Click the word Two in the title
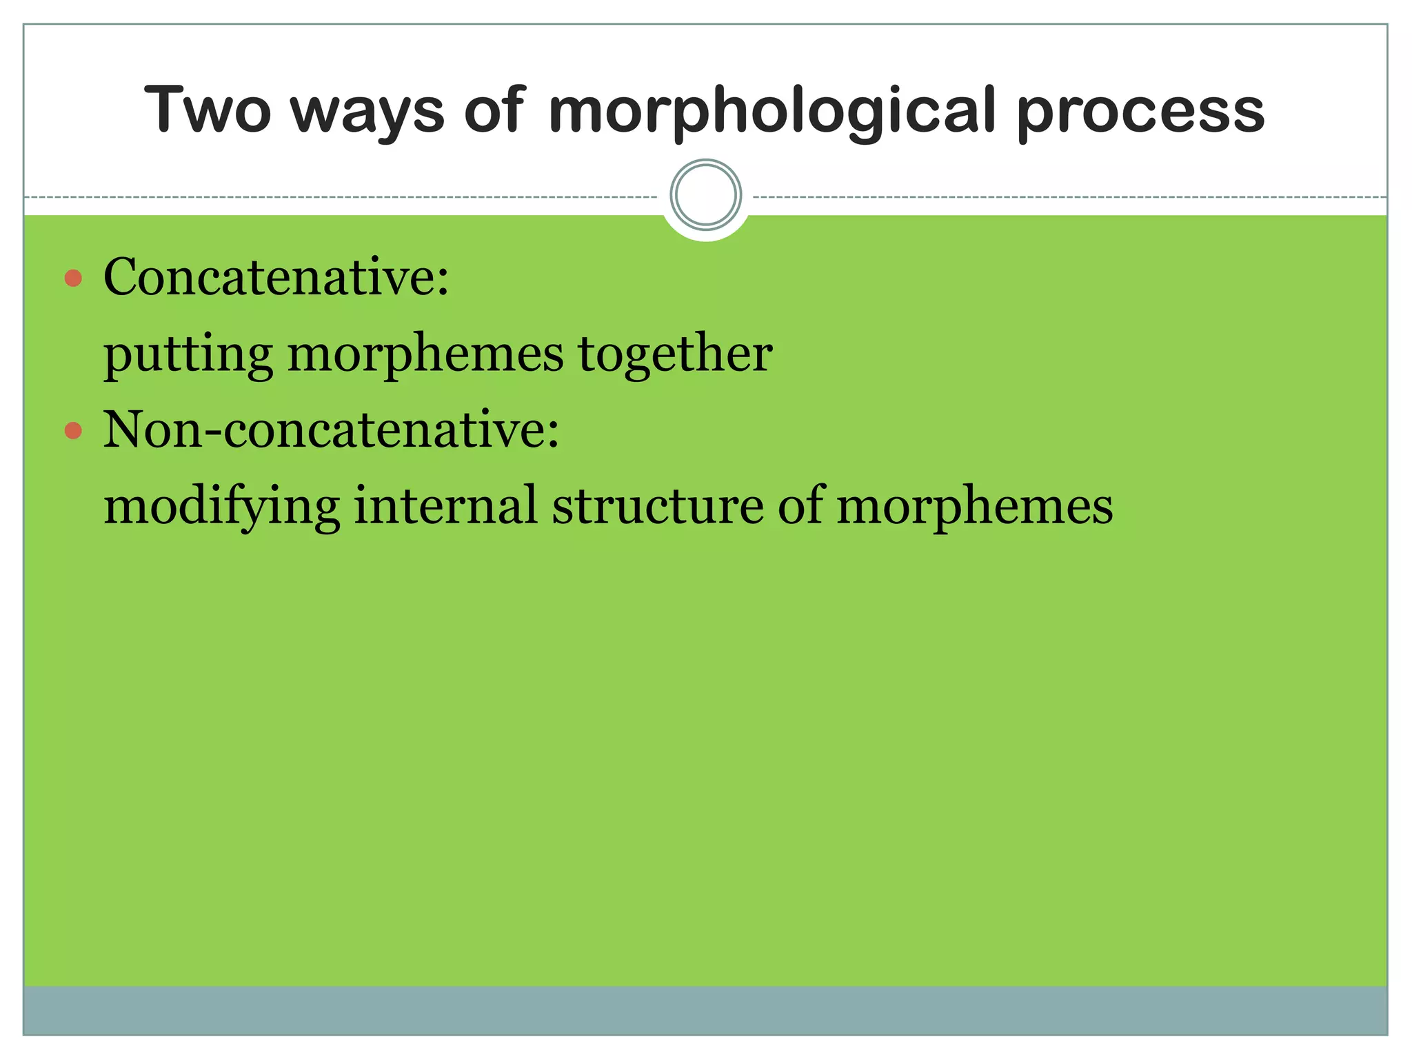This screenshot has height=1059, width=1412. coord(208,110)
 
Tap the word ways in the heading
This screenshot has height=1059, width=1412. coord(367,112)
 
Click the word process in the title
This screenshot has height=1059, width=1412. coord(1140,113)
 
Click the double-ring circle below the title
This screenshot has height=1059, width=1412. coord(705,195)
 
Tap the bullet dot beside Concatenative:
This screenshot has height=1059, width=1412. coord(73,279)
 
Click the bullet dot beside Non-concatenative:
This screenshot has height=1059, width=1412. coord(73,432)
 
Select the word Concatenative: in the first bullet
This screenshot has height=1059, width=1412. coord(276,277)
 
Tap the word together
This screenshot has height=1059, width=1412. coord(675,354)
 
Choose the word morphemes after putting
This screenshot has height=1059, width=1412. coord(425,354)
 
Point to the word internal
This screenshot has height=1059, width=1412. coord(445,505)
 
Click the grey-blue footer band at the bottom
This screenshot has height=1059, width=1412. coord(705,1010)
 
